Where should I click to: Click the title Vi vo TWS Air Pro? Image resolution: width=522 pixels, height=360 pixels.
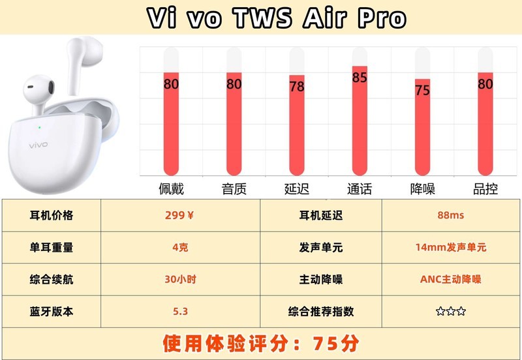[276, 18]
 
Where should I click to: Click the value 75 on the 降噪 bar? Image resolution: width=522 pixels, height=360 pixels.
[422, 90]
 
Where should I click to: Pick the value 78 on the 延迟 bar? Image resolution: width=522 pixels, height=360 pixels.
[297, 87]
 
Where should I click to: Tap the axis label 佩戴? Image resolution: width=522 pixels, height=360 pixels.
[171, 189]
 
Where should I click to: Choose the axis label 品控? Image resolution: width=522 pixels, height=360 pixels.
[485, 189]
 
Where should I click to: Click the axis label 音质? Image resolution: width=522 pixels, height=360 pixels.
[234, 189]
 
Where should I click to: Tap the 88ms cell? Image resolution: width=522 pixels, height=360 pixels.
[451, 215]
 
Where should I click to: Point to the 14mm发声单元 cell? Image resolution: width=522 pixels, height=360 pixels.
[451, 247]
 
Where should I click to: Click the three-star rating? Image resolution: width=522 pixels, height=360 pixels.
[451, 311]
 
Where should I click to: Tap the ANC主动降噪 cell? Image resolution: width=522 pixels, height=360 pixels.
[451, 279]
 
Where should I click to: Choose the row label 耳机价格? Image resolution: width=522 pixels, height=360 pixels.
[52, 215]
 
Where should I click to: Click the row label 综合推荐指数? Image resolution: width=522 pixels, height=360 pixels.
[320, 311]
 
